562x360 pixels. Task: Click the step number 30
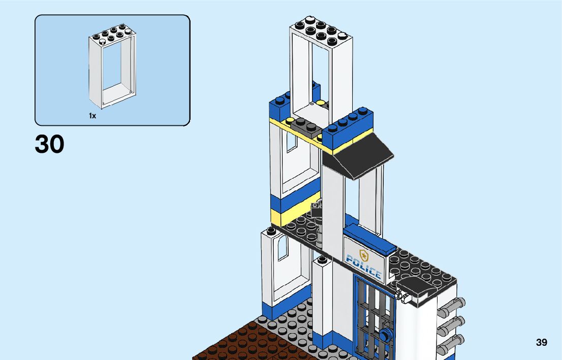(50, 144)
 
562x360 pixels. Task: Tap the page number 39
(541, 343)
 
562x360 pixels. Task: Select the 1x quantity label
(92, 116)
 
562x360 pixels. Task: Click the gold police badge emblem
(363, 254)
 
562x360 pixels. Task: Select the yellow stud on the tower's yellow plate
(290, 121)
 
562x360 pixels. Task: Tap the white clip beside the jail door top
(403, 296)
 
